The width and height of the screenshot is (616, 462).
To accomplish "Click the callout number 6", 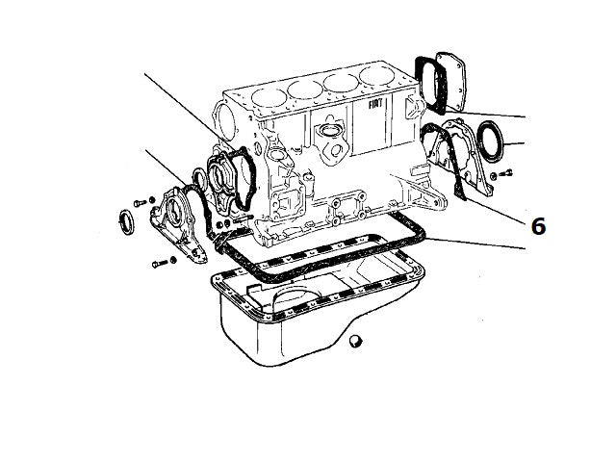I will pyautogui.click(x=538, y=225).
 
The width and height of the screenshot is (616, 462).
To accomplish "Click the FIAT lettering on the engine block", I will pyautogui.click(x=376, y=100).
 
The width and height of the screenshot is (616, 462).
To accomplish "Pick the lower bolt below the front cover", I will pyautogui.click(x=158, y=262).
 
